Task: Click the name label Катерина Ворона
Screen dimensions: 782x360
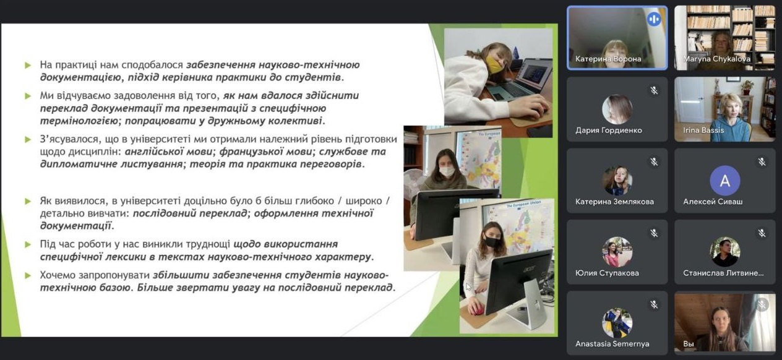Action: (x=608, y=59)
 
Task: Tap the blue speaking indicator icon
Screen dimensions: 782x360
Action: (x=653, y=19)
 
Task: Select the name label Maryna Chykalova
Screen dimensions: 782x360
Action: (x=716, y=59)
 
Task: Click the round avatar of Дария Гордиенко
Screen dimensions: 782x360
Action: (x=617, y=109)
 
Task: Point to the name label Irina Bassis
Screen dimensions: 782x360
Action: (x=703, y=131)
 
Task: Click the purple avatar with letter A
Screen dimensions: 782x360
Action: (x=724, y=181)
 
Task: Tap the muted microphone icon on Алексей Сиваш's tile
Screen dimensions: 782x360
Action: (x=762, y=161)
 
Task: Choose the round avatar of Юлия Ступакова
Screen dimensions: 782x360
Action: (x=617, y=252)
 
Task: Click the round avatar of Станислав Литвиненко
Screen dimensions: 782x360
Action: (x=724, y=252)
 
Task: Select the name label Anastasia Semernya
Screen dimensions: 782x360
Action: (x=612, y=344)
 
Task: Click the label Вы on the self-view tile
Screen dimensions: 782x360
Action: (x=688, y=344)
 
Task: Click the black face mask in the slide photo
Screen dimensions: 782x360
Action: (x=492, y=241)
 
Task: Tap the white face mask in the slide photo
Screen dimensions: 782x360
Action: (x=447, y=171)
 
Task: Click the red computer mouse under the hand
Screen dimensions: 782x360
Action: (x=476, y=309)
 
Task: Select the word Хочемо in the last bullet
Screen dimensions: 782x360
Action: (x=59, y=275)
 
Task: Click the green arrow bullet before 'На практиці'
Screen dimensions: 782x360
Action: (x=28, y=65)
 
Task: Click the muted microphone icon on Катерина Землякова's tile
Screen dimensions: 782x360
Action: (x=654, y=161)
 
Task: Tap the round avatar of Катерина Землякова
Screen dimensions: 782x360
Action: (x=617, y=181)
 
